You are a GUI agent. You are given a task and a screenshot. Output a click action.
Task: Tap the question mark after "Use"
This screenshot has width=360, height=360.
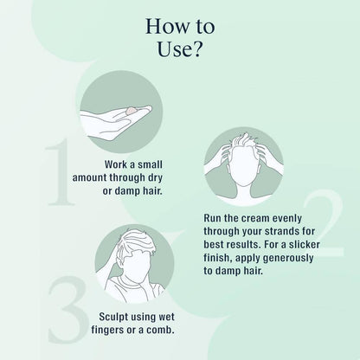(x=195, y=49)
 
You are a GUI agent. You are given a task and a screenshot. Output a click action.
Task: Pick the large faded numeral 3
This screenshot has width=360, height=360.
(x=67, y=309)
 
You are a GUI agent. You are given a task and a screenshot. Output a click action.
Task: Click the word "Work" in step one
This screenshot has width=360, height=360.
(x=116, y=164)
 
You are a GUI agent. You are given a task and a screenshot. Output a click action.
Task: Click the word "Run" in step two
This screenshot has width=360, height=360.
(x=212, y=218)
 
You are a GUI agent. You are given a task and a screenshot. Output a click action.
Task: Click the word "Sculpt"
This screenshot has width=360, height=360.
(x=113, y=317)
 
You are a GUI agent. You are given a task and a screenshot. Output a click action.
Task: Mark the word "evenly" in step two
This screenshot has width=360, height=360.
(x=287, y=218)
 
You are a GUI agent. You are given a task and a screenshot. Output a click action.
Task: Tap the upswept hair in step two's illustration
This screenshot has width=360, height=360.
(x=244, y=139)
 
